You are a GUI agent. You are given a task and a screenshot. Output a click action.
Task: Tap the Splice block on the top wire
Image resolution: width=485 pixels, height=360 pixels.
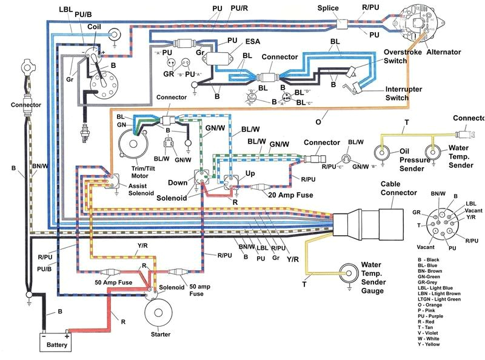(x=345, y=25)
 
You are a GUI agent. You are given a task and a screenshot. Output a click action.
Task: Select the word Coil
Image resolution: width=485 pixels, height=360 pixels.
(x=95, y=27)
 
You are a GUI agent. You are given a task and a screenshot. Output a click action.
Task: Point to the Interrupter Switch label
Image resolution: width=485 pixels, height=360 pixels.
(x=406, y=93)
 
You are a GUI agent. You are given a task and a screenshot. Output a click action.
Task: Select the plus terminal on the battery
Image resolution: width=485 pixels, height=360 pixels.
(x=67, y=334)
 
